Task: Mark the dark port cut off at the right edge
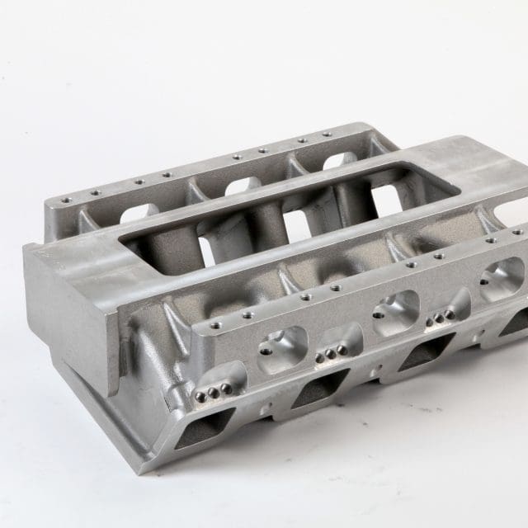[x=516, y=322]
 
